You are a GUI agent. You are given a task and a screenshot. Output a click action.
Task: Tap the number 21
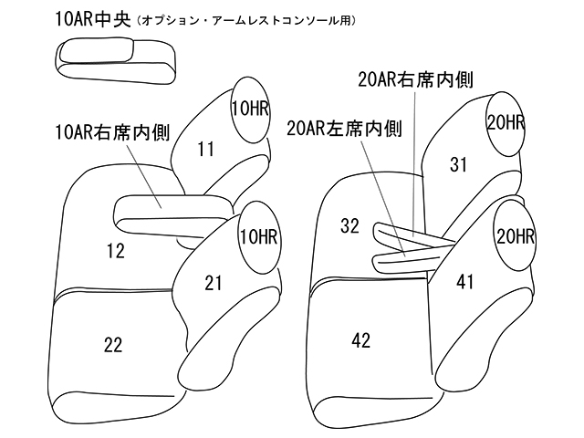(x=214, y=284)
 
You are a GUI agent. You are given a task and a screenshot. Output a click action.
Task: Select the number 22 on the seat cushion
(x=113, y=343)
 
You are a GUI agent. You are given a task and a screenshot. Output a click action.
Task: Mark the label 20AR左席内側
(x=343, y=129)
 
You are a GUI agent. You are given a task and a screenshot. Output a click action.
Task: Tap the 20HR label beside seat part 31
(x=504, y=122)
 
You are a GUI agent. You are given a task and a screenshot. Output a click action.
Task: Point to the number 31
(x=458, y=163)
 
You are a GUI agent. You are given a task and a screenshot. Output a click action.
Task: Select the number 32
(x=348, y=225)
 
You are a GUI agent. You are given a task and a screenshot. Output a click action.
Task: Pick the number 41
(x=465, y=282)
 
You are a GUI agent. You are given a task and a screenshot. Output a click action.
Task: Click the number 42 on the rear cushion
(x=360, y=340)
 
